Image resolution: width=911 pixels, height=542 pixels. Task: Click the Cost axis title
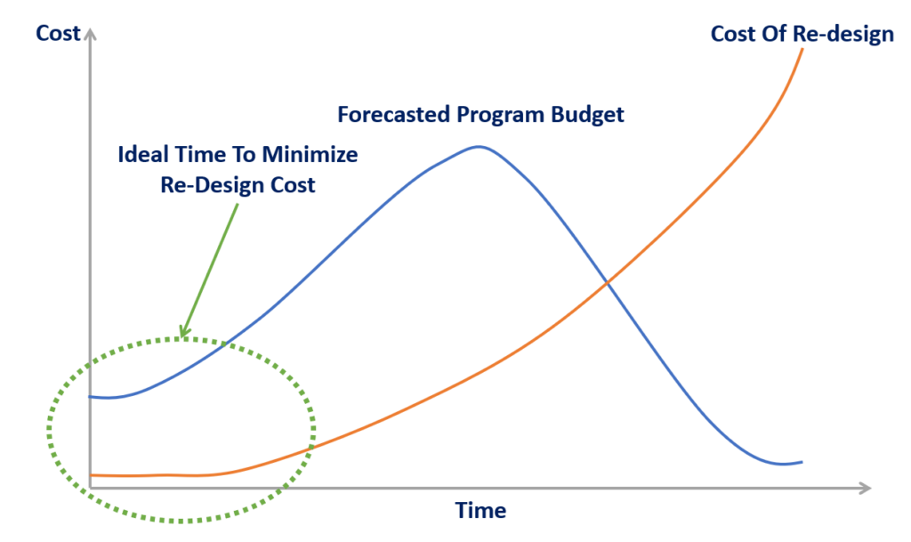58,34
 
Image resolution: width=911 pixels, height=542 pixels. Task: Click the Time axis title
480,511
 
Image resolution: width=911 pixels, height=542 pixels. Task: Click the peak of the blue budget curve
479,147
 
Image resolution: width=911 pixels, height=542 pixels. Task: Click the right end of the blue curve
802,461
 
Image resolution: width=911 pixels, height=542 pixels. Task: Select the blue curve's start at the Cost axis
92,396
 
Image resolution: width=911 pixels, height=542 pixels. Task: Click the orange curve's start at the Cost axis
92,474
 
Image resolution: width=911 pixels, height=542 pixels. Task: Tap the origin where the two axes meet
90,489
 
